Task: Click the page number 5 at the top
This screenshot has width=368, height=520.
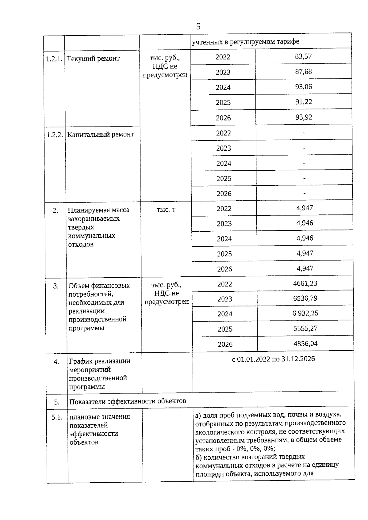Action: [x=198, y=27]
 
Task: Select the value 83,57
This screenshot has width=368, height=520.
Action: [x=303, y=56]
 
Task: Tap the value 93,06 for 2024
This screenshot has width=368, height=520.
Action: [x=304, y=87]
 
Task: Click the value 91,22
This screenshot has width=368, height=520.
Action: [x=304, y=102]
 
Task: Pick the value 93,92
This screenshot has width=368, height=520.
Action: [x=304, y=117]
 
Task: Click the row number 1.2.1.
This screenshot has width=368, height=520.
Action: [x=54, y=59]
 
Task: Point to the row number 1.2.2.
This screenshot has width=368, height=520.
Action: [x=55, y=135]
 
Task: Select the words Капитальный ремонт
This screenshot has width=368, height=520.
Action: [x=101, y=135]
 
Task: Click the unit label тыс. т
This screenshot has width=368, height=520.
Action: [x=166, y=210]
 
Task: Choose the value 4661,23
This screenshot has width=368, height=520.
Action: [x=305, y=283]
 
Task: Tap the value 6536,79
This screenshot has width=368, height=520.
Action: [x=305, y=298]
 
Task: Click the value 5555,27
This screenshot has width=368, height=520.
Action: [x=305, y=328]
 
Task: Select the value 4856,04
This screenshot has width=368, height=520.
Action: [x=305, y=344]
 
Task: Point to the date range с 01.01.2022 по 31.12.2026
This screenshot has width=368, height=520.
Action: [x=273, y=359]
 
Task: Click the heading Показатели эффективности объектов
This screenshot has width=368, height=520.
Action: [x=128, y=401]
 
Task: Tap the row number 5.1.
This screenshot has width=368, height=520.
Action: [x=57, y=417]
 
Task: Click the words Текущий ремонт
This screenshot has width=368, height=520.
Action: [x=93, y=59]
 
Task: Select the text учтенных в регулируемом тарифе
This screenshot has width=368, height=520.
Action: [x=245, y=42]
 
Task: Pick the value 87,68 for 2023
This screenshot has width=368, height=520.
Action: [x=303, y=71]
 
